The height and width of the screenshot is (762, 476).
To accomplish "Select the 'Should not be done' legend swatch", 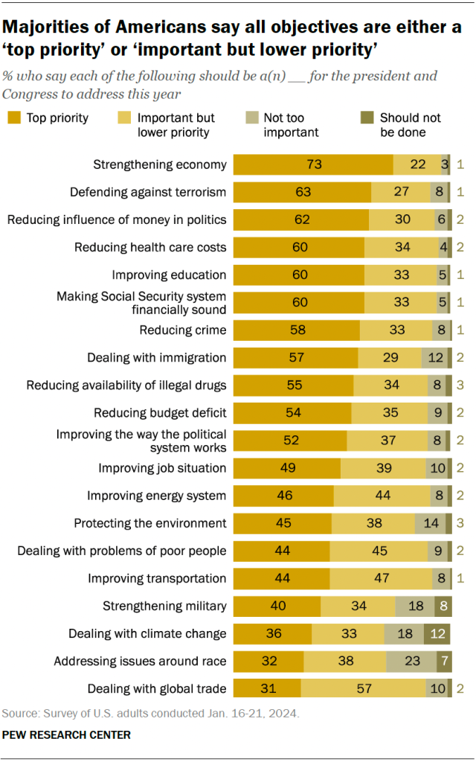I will tap(367, 118).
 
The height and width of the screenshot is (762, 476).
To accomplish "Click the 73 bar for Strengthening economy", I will tap(313, 164).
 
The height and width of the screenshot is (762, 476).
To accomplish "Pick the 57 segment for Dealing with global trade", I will tap(364, 688).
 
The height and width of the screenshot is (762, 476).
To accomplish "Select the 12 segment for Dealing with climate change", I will tap(437, 633).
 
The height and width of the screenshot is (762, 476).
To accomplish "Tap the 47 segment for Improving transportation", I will tap(381, 578).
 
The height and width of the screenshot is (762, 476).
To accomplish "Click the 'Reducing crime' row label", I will tap(183, 330).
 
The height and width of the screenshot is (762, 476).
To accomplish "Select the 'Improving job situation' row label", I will tap(162, 468).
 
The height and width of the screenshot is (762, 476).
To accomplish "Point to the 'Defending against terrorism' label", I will tap(148, 192).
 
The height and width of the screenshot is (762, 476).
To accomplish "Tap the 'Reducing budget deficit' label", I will tap(160, 412).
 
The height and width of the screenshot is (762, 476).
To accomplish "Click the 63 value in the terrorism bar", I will tap(302, 192).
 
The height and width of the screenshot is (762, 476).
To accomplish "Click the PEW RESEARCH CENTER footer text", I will tap(66, 734).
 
